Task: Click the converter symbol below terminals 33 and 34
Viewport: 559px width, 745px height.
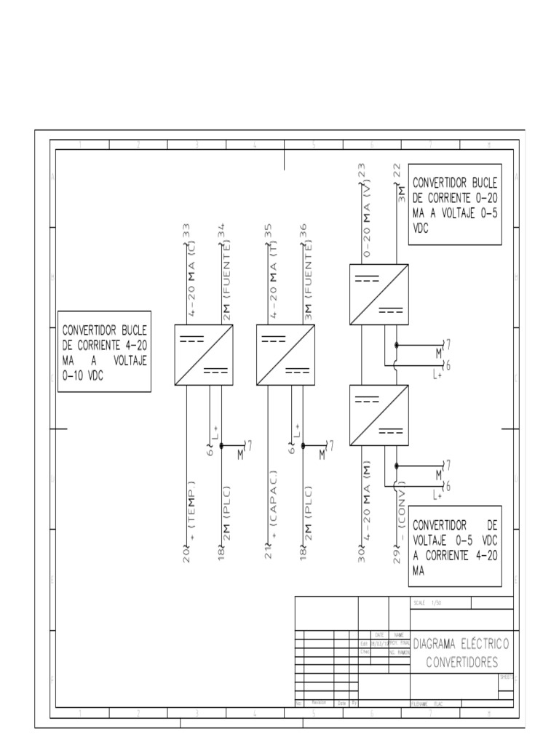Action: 204,355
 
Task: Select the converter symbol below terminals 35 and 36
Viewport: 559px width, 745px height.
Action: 285,355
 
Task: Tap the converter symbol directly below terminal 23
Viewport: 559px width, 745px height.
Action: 379,294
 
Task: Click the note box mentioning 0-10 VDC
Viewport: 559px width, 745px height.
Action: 105,351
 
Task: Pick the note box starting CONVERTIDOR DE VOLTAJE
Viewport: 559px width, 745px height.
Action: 455,546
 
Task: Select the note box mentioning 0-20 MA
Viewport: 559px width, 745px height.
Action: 455,204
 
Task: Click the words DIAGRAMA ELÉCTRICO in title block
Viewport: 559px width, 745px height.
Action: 461,645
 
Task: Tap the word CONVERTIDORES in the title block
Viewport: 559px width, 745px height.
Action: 461,662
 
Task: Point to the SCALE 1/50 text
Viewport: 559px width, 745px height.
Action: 427,603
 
